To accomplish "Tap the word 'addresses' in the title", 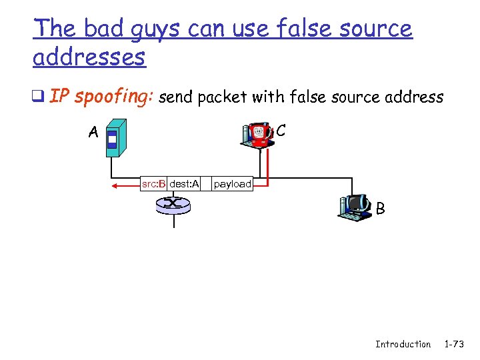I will tap(89, 57).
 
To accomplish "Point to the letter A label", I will tap(93, 132).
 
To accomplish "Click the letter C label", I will tap(281, 131).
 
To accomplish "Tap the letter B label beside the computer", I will tap(380, 209).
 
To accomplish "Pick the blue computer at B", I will tap(355, 207).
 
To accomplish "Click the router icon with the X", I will tap(173, 204).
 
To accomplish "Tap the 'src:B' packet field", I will tap(153, 183).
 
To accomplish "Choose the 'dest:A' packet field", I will tap(184, 183).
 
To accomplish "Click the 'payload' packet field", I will tap(232, 183).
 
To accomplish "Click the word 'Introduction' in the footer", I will tap(403, 344).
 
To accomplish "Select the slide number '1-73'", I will tap(454, 344).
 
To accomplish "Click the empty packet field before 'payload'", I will tap(205, 183).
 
